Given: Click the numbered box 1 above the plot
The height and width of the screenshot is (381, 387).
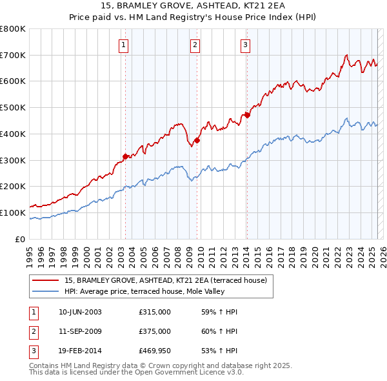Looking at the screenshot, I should (x=123, y=45).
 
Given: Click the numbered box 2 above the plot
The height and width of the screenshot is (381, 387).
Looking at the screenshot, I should (x=195, y=45).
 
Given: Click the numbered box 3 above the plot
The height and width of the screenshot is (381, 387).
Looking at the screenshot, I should (x=246, y=45).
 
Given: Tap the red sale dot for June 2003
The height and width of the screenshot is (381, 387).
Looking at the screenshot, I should (x=125, y=156).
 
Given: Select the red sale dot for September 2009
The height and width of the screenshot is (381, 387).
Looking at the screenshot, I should (x=197, y=140).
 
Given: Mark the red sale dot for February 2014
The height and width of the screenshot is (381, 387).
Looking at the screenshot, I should (x=247, y=116).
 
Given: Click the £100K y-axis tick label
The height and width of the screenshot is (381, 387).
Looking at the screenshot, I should (x=12, y=212).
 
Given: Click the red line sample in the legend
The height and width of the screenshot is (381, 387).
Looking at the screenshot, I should (x=46, y=280).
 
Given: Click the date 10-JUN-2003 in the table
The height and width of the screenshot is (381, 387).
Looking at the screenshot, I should (x=80, y=312).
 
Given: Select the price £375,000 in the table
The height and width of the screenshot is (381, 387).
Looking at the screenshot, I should (x=155, y=331).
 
